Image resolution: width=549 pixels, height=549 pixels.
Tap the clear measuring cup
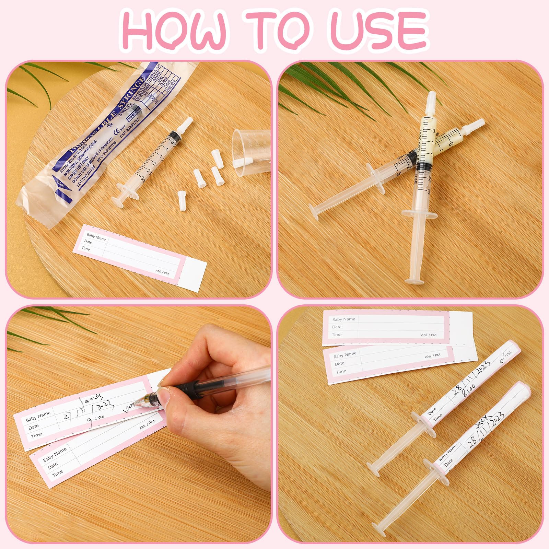252,151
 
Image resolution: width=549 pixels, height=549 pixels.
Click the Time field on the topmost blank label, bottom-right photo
337,335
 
